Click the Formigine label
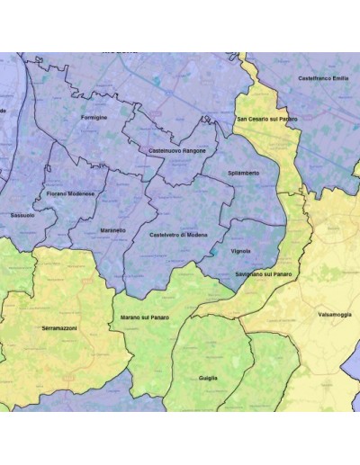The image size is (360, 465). [94, 118]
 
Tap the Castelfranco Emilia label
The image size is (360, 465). [323, 78]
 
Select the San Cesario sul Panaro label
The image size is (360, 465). [266, 118]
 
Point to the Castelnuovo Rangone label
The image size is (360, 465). [177, 150]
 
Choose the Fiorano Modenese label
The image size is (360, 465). [70, 193]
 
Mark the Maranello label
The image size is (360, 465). [113, 230]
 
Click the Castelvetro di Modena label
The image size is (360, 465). [178, 234]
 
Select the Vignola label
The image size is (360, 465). [241, 251]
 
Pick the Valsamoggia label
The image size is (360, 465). [335, 315]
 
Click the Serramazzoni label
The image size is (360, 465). [59, 329]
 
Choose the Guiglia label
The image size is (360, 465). [208, 379]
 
